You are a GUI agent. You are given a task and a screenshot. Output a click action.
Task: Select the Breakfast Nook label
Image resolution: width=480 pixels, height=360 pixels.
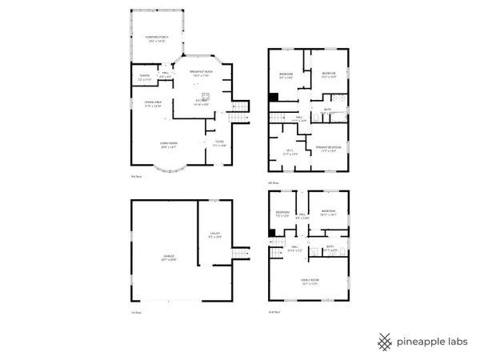[x=200, y=73]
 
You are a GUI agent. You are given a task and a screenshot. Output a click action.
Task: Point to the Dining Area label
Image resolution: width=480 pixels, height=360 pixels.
[x=153, y=103]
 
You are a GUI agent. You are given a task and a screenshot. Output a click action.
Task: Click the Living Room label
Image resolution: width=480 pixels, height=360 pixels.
[x=168, y=144]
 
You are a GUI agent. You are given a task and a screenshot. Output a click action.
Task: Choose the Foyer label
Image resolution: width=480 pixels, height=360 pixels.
[x=218, y=144]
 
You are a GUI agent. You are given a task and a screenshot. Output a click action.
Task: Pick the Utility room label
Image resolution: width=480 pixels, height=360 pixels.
[x=214, y=234]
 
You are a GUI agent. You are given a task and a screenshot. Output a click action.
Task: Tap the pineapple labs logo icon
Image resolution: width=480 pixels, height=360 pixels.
[x=386, y=341]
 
